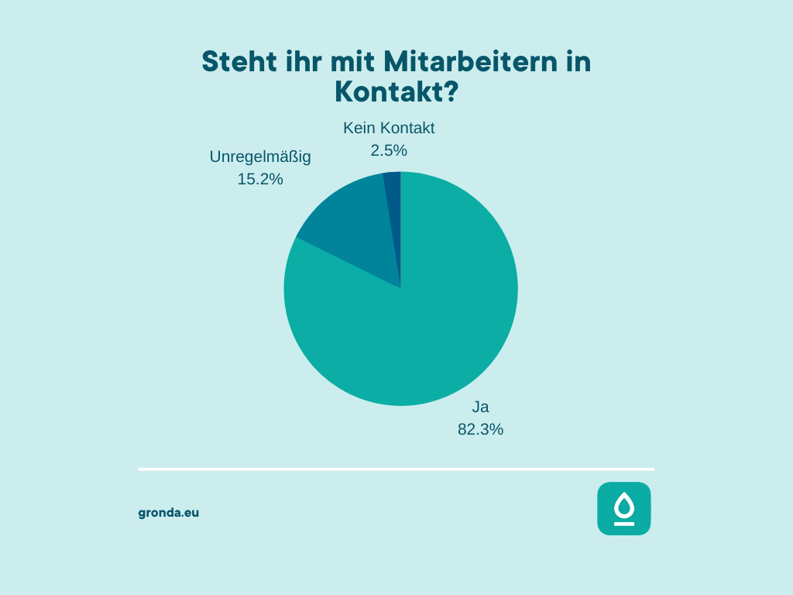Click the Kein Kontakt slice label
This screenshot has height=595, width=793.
click(x=389, y=128)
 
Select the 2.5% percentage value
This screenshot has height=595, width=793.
click(x=389, y=150)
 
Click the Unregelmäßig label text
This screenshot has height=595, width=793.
click(x=260, y=156)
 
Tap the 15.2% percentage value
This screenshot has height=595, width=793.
click(x=260, y=179)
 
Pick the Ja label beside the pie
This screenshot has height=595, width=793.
click(x=481, y=407)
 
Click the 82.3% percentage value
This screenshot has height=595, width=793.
click(x=481, y=429)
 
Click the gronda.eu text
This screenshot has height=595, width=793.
click(x=169, y=512)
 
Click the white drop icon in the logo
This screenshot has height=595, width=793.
click(x=623, y=506)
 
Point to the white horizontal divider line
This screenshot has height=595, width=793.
click(x=396, y=469)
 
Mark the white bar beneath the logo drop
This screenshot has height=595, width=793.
click(x=623, y=524)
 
